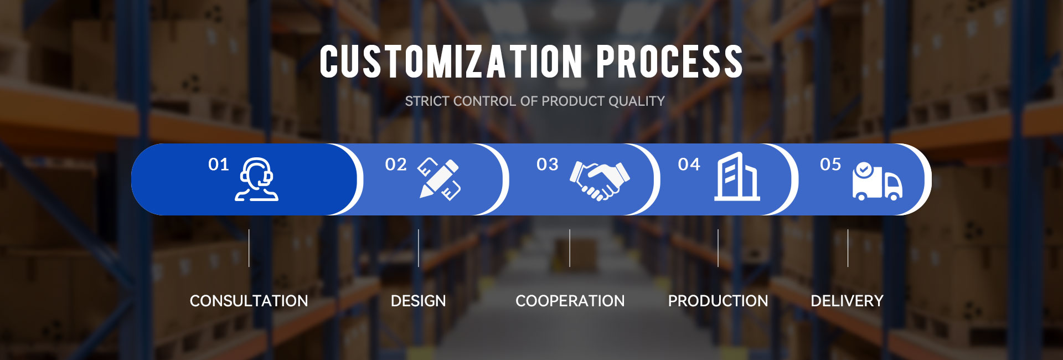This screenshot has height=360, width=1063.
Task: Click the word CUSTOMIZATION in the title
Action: pos(451,61)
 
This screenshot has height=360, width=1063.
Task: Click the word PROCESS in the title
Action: pos(669,61)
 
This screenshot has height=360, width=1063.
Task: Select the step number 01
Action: pos(218,164)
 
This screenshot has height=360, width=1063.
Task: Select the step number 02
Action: pos(396,164)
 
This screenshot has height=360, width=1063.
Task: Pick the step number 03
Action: pos(548,164)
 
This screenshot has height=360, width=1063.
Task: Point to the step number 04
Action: pos(689,164)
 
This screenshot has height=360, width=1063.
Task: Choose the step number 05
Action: pos(830,164)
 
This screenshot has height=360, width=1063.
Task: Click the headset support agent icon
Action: pos(256,179)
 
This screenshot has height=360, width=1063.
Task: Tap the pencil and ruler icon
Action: pos(439,179)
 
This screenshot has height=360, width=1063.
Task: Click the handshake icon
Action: pos(600,181)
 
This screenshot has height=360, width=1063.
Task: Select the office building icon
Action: pos(737,176)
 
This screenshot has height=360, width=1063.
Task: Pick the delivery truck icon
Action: pos(877,181)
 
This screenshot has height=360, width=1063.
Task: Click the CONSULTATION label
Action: pos(249,301)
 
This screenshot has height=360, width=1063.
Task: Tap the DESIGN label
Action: pos(418,301)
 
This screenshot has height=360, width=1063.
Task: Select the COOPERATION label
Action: pos(570,301)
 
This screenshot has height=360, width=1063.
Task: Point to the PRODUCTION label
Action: pos(718,301)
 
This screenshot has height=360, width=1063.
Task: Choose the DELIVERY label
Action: pos(847,301)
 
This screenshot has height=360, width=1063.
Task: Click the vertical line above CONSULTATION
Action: pos(249,248)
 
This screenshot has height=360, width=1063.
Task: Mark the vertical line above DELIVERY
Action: pos(848,248)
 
